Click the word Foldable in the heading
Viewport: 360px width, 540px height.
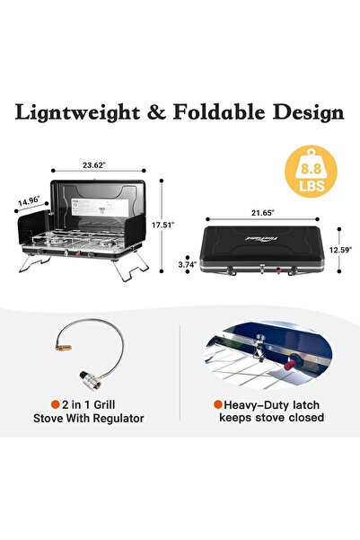pos(219,112)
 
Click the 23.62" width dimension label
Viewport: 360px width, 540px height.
pos(94,165)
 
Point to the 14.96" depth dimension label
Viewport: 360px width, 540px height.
pos(29,200)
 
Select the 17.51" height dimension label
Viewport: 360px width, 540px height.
pos(163,225)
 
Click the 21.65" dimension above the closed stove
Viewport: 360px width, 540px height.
pos(263,213)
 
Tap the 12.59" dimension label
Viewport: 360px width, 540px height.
pos(340,250)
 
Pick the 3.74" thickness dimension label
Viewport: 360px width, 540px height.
pos(188,264)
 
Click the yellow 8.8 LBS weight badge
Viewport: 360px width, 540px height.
pos(312,171)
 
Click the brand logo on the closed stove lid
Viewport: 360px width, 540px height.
pos(262,238)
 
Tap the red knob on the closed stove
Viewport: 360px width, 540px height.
pos(278,270)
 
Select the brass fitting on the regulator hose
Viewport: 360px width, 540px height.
pos(64,347)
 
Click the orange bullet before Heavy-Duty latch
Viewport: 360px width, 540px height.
pos(217,404)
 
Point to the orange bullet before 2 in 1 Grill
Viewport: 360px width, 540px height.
pos(55,404)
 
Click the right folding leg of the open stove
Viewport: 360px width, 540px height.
pos(131,266)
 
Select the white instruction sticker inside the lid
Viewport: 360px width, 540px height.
pos(100,208)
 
